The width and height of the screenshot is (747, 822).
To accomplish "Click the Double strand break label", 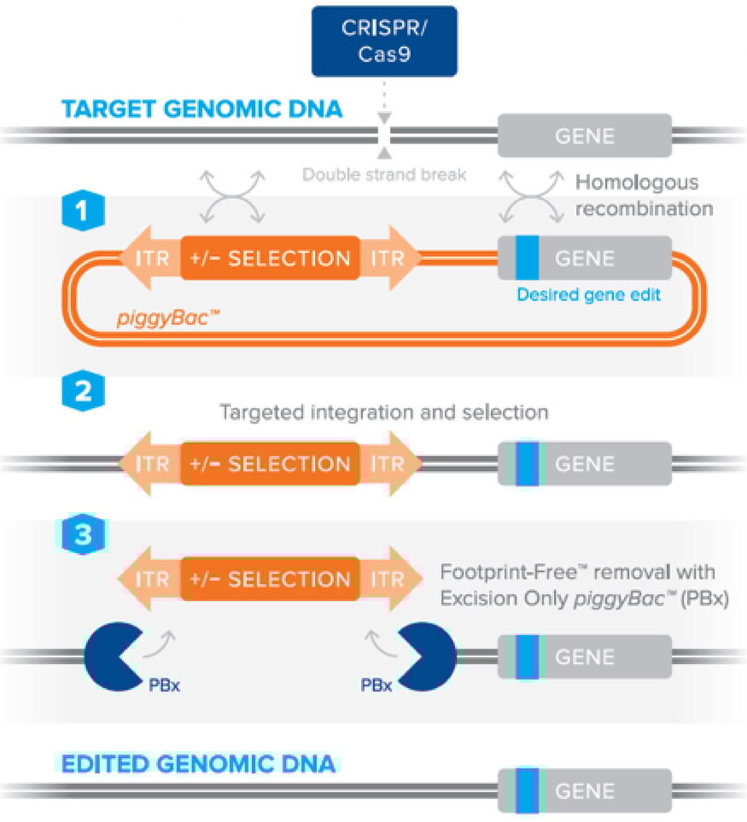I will point(385,175).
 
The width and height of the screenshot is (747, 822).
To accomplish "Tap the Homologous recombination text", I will point(636,195).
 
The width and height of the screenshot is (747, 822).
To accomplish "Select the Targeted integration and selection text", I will point(383,412).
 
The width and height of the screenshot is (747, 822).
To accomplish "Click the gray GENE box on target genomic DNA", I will point(585,135).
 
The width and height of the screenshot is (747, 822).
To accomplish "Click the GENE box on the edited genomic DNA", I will point(585,791).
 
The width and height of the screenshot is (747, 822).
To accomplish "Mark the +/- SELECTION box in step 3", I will point(269,580).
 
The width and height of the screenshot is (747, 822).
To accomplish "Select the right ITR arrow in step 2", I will point(390,464).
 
